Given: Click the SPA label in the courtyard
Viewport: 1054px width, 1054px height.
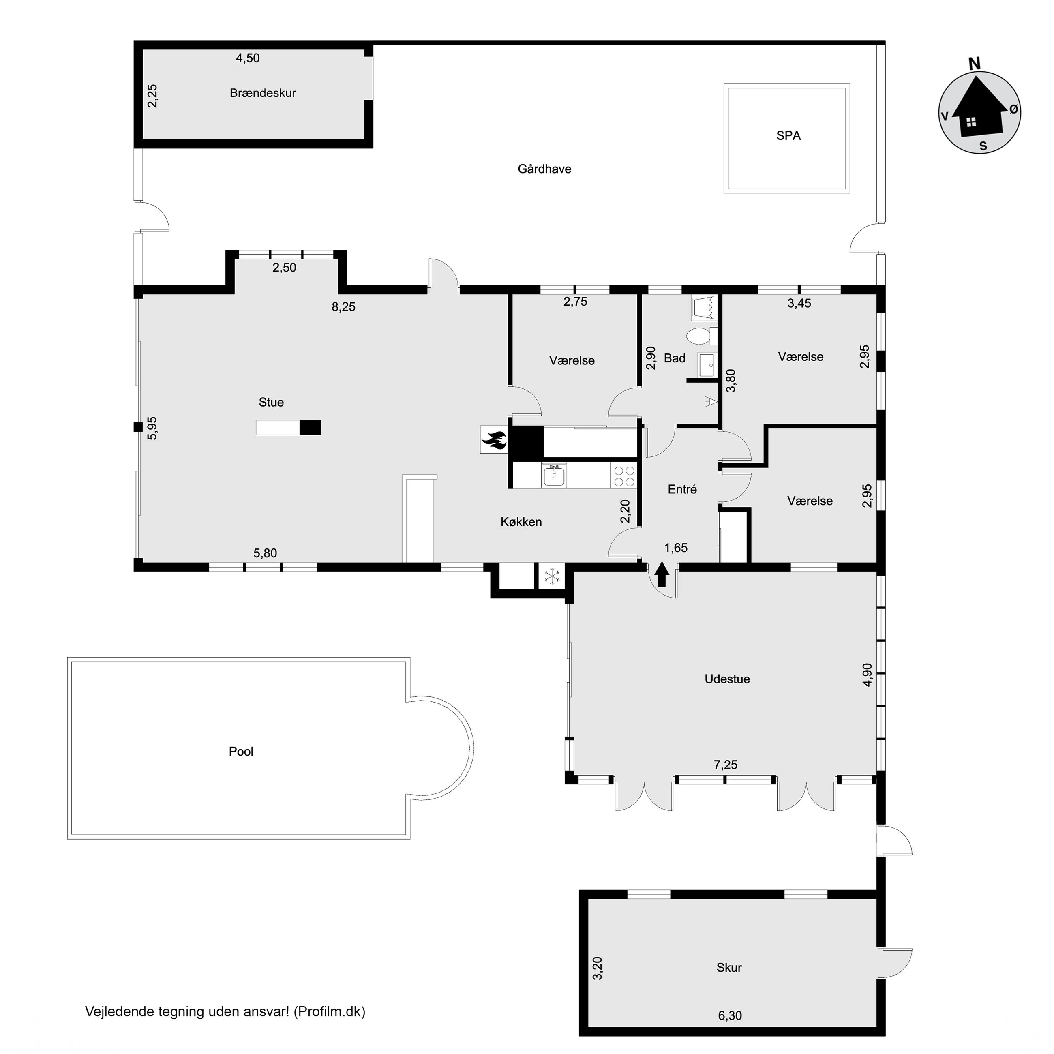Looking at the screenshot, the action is pyautogui.click(x=788, y=136).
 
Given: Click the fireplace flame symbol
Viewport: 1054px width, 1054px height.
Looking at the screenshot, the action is pyautogui.click(x=494, y=440).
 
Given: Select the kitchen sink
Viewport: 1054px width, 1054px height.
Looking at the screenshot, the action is pyautogui.click(x=554, y=475).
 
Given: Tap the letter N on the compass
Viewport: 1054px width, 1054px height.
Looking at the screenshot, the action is pyautogui.click(x=975, y=64).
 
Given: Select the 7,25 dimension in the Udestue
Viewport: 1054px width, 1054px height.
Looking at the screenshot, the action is pyautogui.click(x=726, y=765).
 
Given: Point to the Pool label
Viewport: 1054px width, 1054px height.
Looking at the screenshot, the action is pyautogui.click(x=241, y=752).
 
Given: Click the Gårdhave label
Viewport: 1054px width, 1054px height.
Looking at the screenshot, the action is pyautogui.click(x=544, y=169).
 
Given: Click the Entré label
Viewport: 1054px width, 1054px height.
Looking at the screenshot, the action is pyautogui.click(x=683, y=490).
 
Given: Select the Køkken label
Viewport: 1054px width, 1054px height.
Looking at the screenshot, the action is pyautogui.click(x=521, y=522).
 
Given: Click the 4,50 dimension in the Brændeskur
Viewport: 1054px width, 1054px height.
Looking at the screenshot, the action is pyautogui.click(x=248, y=58).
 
